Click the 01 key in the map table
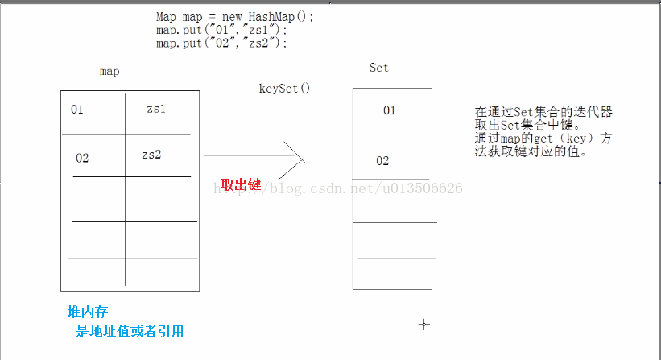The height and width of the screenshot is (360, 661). (77, 110)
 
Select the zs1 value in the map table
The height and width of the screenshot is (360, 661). (156, 109)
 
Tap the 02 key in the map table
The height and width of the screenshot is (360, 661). (82, 158)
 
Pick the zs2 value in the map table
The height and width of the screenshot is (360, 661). (151, 155)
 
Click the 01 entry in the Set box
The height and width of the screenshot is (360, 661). (390, 110)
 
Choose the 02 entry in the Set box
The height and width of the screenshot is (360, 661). (382, 160)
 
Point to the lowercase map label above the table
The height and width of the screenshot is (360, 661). (109, 71)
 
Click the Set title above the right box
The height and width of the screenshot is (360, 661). (379, 68)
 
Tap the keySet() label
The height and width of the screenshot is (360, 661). (284, 88)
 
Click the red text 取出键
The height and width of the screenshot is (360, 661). (241, 184)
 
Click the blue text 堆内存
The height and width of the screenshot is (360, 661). (88, 312)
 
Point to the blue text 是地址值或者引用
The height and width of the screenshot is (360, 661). (130, 331)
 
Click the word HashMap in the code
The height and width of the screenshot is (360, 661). (271, 17)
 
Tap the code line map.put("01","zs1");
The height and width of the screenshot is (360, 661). (221, 30)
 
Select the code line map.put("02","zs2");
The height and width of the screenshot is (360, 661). (221, 43)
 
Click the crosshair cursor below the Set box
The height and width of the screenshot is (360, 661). (424, 325)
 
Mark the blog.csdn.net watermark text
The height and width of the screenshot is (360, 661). (338, 188)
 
